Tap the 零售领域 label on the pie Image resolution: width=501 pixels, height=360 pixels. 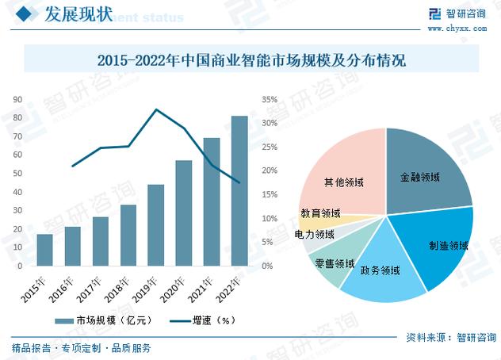(x=334, y=262)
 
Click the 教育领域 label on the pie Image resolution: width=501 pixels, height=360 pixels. (x=320, y=213)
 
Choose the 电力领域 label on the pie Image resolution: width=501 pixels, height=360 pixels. (x=314, y=235)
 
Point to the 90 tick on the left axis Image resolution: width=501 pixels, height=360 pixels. (x=17, y=100)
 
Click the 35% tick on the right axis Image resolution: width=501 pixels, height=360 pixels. (x=269, y=100)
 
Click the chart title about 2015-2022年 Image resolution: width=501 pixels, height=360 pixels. (x=250, y=60)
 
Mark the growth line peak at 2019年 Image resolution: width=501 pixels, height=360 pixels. (x=156, y=109)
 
